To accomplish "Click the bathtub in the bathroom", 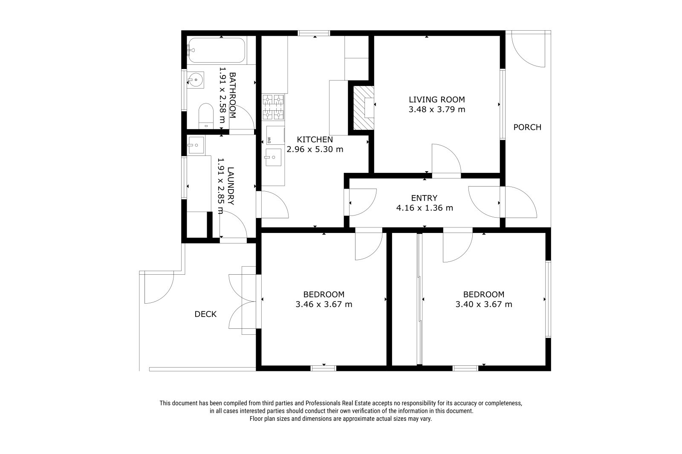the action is [217, 50].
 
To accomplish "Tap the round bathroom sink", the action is [196, 80].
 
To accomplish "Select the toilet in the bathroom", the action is [206, 116].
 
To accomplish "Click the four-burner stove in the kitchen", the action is [273, 107].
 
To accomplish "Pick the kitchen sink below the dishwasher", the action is [273, 157].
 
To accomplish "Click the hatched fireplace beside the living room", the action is [364, 108].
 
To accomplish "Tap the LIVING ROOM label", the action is [437, 100].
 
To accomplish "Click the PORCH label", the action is [527, 127].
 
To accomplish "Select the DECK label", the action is [205, 314].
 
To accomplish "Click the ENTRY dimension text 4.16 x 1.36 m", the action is [425, 208].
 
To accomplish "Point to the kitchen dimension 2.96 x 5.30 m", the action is [315, 149].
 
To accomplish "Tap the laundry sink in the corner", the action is [196, 145].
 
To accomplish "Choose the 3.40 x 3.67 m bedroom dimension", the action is [484, 304].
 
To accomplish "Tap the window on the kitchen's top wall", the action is [314, 33].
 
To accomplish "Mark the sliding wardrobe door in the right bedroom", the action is [419, 299].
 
